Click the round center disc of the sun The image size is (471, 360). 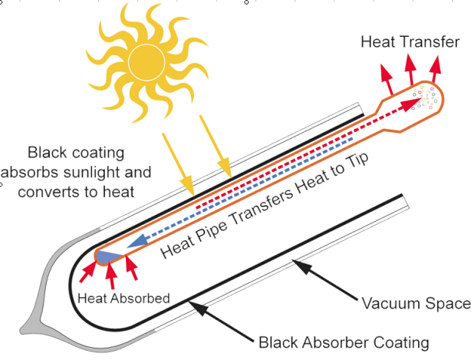147,62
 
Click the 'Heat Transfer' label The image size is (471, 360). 410,41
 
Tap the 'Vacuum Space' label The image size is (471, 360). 416,303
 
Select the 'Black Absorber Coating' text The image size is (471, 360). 344,342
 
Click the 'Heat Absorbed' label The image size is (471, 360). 124,299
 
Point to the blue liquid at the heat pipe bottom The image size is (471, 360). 109,257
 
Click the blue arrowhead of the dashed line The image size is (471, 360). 138,241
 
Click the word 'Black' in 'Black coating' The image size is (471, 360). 47,153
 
